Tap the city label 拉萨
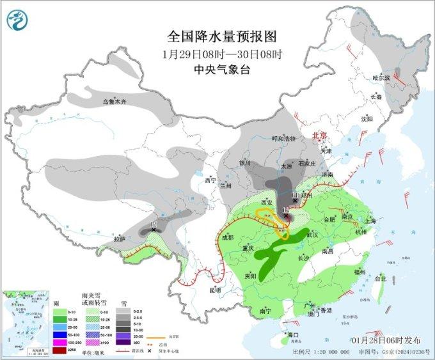click(120, 239)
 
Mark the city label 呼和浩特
click(284, 138)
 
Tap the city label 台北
click(380, 279)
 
